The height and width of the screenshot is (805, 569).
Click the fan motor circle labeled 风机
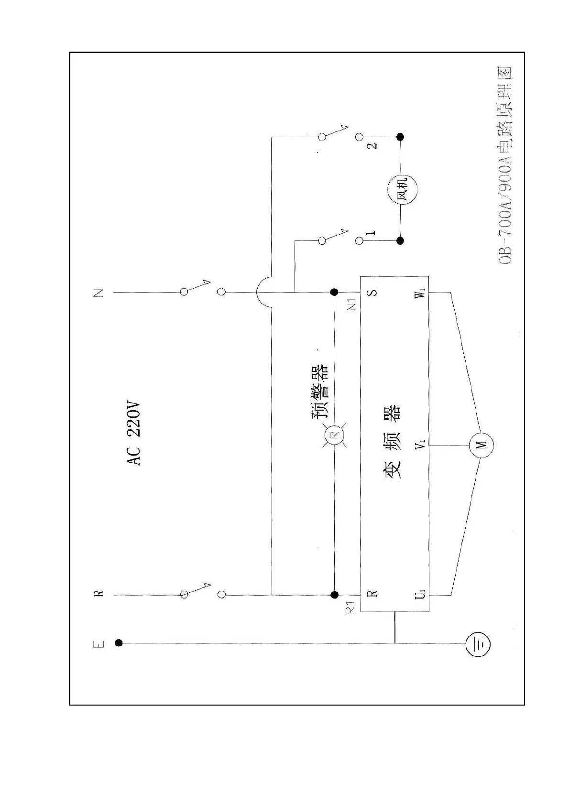click(x=401, y=190)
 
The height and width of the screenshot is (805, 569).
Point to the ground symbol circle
click(x=479, y=643)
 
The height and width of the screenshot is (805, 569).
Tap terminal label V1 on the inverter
click(x=420, y=445)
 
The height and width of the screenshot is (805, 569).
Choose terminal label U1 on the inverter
click(x=420, y=595)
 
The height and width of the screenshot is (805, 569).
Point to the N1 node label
click(x=352, y=305)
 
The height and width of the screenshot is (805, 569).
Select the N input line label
click(x=98, y=293)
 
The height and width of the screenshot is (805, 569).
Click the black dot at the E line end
click(x=119, y=643)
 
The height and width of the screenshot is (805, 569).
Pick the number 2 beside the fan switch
click(x=372, y=145)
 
